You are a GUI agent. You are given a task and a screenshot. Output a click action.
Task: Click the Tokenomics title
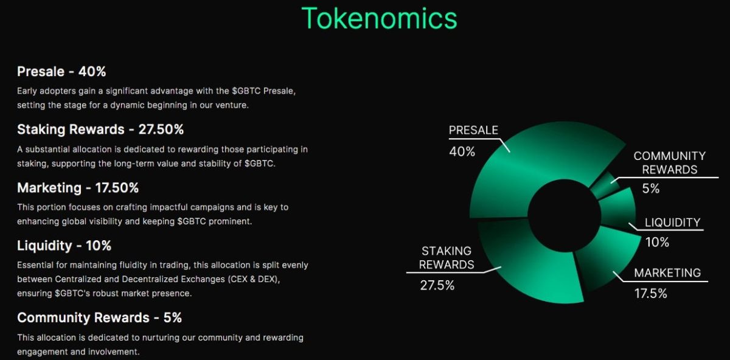point(379,18)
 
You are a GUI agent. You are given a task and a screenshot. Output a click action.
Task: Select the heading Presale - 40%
point(61,72)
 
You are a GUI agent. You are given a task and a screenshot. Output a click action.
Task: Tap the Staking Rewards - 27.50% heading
point(100,130)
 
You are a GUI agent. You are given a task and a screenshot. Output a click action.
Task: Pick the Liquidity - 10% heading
point(64,246)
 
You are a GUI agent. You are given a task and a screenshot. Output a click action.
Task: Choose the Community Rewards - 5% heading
point(99,318)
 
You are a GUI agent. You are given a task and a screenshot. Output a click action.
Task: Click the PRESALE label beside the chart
point(473,130)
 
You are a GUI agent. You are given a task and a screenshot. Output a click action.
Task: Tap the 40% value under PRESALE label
point(462,152)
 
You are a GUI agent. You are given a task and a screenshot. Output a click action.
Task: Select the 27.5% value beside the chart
point(437,285)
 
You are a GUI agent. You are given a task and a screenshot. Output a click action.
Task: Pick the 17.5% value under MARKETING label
point(650,294)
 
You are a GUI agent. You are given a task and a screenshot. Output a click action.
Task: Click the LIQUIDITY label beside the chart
point(672,223)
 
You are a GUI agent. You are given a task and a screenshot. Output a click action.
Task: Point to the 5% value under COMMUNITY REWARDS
point(650,189)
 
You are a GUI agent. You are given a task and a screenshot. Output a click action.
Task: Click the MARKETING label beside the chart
point(667,273)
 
